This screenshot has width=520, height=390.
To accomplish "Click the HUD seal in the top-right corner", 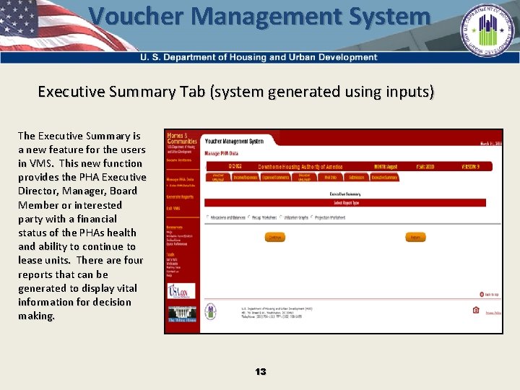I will pyautogui.click(x=490, y=31).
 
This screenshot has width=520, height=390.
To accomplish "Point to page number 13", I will pyautogui.click(x=260, y=371).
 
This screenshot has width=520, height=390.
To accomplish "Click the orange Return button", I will pyautogui.click(x=415, y=237).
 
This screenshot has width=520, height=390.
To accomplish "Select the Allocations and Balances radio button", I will pyautogui.click(x=208, y=217).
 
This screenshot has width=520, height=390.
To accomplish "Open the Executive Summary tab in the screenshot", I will pyautogui.click(x=384, y=177).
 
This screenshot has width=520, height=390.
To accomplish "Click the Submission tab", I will pyautogui.click(x=356, y=177).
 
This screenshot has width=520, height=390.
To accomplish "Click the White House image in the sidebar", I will pyautogui.click(x=181, y=315).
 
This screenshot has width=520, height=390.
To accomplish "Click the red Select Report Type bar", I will pyautogui.click(x=344, y=204).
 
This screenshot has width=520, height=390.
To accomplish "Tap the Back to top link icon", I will pyautogui.click(x=482, y=294).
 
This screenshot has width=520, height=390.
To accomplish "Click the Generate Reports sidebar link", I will pyautogui.click(x=180, y=196).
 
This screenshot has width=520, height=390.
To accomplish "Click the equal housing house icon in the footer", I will pyautogui.click(x=475, y=311).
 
